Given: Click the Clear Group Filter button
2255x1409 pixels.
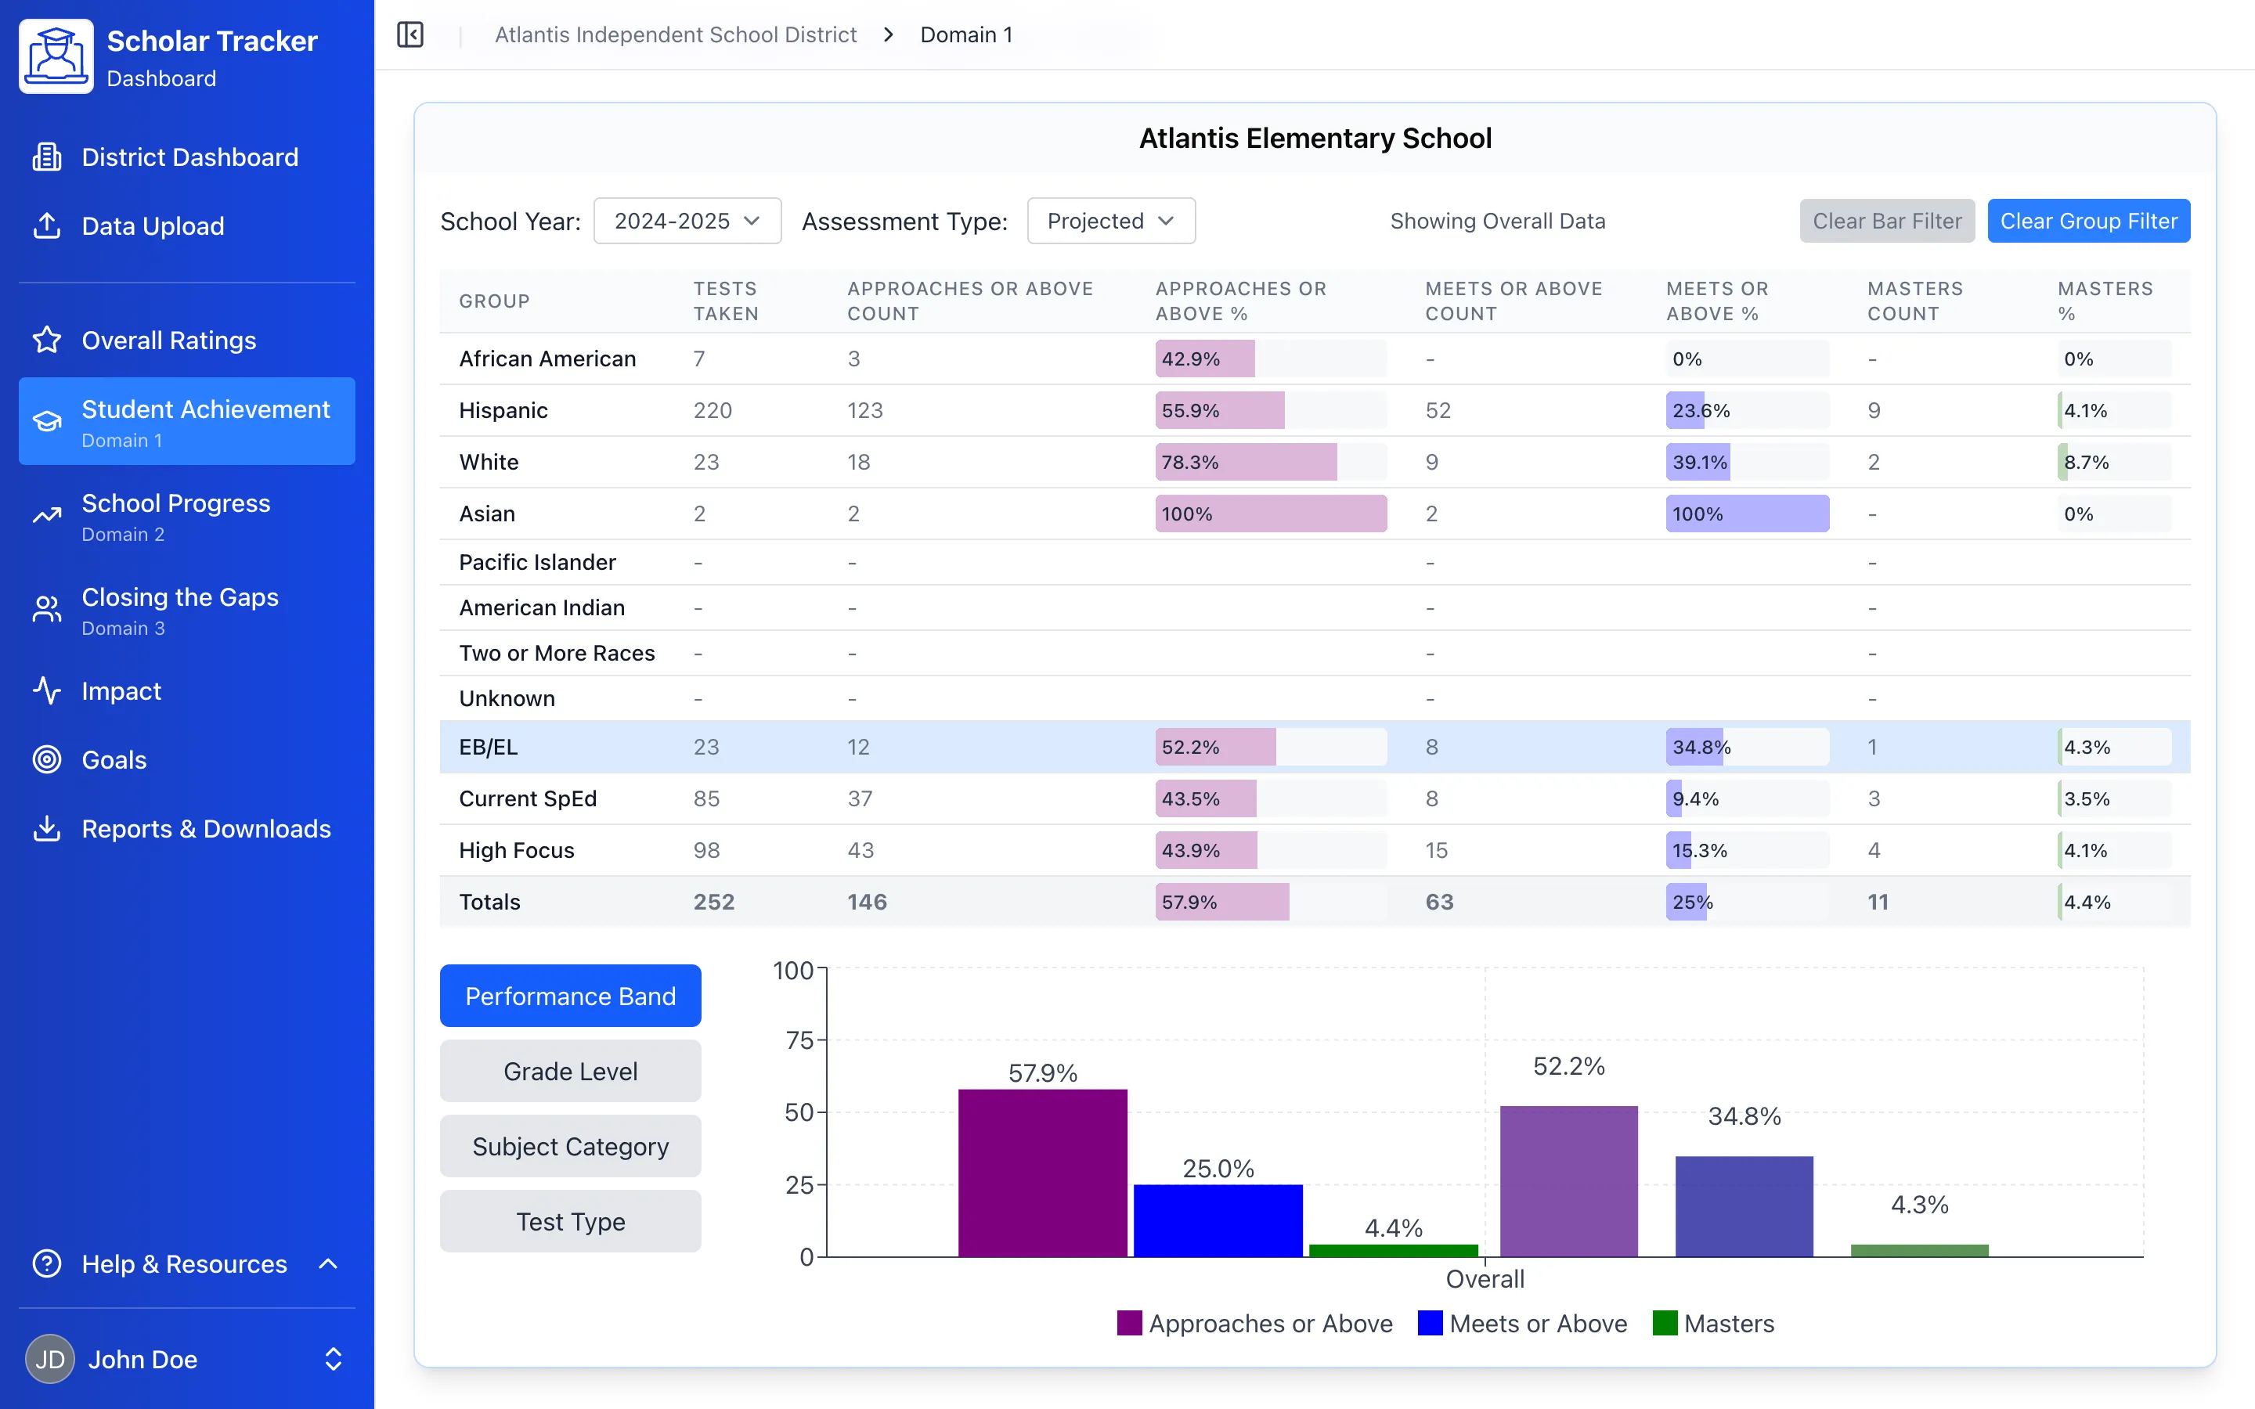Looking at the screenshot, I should pyautogui.click(x=2087, y=221).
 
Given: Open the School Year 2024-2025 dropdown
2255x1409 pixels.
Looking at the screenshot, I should pyautogui.click(x=687, y=221).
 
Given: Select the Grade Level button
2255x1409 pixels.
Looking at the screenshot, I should pyautogui.click(x=570, y=1071).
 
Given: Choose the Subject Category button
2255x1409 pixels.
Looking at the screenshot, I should pyautogui.click(x=570, y=1146).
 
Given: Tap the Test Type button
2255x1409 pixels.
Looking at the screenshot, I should pyautogui.click(x=570, y=1221).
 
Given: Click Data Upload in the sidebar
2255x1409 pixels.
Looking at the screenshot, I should pyautogui.click(x=153, y=225).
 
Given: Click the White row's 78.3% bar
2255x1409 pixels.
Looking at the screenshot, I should pyautogui.click(x=1245, y=462).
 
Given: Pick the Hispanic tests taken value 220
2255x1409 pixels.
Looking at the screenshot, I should pyautogui.click(x=712, y=410).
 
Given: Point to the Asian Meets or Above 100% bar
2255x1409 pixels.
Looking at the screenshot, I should pyautogui.click(x=1746, y=514).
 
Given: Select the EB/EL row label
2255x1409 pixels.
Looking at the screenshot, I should pyautogui.click(x=489, y=747).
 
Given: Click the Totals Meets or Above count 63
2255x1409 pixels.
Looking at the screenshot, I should pyautogui.click(x=1438, y=901).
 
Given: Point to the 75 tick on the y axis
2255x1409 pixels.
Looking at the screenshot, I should pyautogui.click(x=799, y=1040).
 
